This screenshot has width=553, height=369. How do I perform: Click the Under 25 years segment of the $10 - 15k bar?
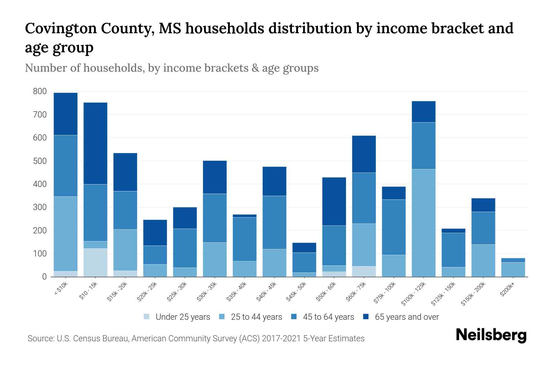(x=95, y=262)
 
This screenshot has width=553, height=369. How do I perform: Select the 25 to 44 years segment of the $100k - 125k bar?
(x=423, y=223)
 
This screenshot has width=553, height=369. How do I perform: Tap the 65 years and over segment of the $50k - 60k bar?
(x=334, y=201)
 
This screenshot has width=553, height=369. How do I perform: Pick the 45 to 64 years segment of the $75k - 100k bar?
(x=394, y=227)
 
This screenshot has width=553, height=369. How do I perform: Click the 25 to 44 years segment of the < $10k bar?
(x=65, y=234)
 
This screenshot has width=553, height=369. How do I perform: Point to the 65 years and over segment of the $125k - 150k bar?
(x=453, y=231)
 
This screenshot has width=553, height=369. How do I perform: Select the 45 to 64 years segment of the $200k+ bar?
(x=513, y=260)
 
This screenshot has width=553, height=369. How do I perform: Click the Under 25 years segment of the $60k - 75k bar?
(x=364, y=271)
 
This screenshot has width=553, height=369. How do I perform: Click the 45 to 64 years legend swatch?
(x=294, y=317)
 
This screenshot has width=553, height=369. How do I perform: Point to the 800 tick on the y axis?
(x=40, y=91)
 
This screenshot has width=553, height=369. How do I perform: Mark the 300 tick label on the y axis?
(x=40, y=207)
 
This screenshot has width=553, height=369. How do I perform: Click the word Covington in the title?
(x=60, y=29)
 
